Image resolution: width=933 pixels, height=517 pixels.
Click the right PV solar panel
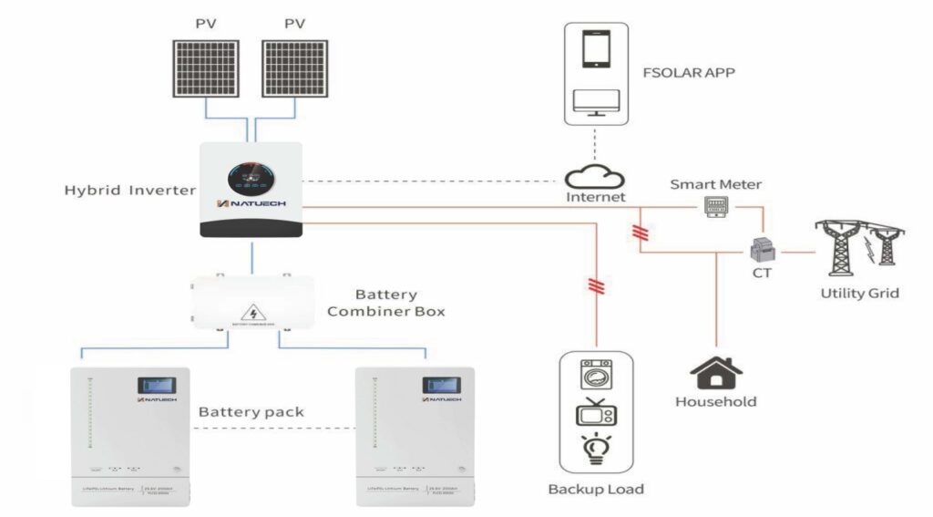293,68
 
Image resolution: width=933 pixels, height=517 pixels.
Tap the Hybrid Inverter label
129,191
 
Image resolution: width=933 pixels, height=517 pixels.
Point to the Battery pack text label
251,412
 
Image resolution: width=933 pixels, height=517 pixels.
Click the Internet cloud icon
594,176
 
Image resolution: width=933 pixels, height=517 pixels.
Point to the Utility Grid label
859,294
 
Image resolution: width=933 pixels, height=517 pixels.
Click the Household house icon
715,372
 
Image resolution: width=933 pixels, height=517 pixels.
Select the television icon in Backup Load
595,413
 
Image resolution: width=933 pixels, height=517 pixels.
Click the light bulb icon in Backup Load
595,450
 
